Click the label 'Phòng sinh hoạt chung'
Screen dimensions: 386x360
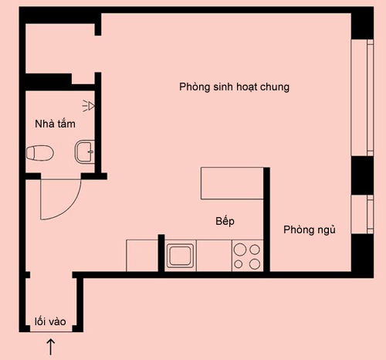point(234,87)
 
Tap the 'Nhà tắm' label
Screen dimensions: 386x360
point(55,124)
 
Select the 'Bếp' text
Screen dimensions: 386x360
point(225,222)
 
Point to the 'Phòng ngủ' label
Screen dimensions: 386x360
point(310,229)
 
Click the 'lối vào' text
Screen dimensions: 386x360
point(50,321)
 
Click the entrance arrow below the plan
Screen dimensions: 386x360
point(51,347)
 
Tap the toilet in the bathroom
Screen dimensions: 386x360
point(40,153)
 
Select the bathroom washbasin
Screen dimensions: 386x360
point(85,151)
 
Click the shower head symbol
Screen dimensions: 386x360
point(89,106)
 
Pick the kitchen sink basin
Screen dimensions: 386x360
point(180,255)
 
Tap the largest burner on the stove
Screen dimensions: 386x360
point(240,250)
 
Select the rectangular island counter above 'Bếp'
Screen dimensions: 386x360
point(232,183)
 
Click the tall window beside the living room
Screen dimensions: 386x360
point(362,97)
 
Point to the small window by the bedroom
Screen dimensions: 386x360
point(362,214)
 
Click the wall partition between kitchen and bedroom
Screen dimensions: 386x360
point(266,219)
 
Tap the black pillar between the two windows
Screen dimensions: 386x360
point(362,175)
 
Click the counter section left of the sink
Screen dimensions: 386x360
point(142,256)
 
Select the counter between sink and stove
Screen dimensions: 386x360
point(214,256)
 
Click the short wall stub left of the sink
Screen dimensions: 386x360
point(161,253)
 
